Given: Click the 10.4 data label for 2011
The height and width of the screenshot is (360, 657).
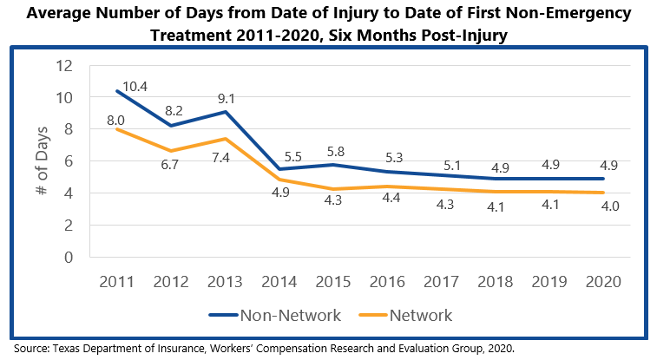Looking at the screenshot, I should [136, 86].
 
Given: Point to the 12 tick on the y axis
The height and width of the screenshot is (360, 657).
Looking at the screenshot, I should [62, 66].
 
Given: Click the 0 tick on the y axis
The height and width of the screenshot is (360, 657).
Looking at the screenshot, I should [67, 258].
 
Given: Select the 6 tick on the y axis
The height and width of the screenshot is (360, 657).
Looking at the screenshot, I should [67, 161].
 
